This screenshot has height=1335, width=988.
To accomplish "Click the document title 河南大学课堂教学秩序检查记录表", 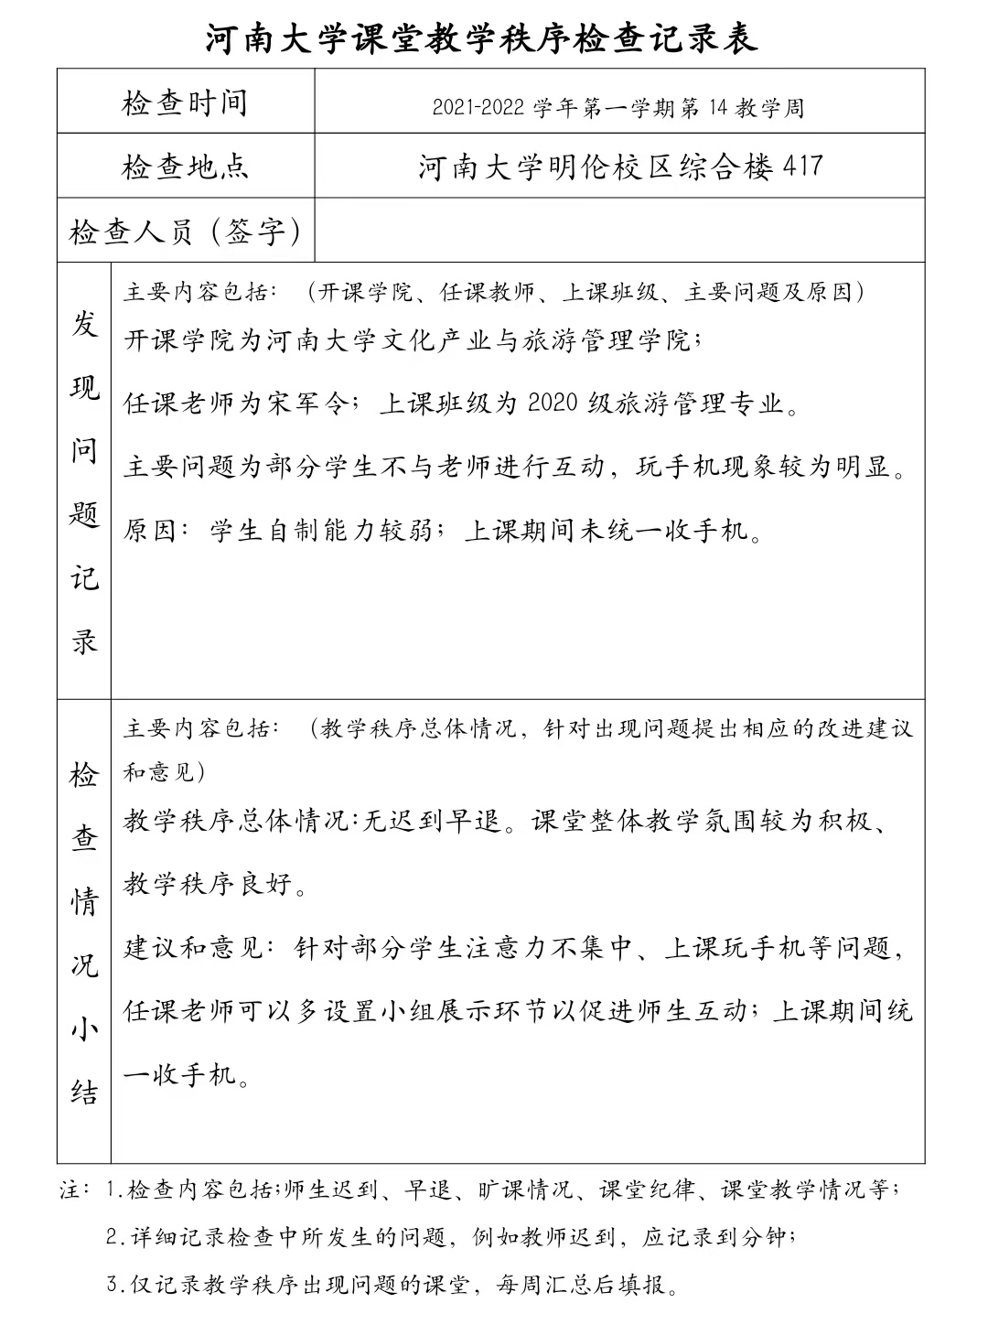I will coord(482,38).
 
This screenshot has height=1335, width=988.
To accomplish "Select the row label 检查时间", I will coord(185,102).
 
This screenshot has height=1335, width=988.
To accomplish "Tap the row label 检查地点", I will coord(185,167).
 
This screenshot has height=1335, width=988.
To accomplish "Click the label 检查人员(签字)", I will coord(186,231).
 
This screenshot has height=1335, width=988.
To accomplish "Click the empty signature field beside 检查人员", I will coord(618,231).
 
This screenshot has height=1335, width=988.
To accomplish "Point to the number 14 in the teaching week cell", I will coord(716,109).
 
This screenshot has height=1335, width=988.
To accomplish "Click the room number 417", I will coord(804,167).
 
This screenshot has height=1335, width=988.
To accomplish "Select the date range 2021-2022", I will coord(478,109).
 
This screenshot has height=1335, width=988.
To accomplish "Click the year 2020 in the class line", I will coord(554,403).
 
